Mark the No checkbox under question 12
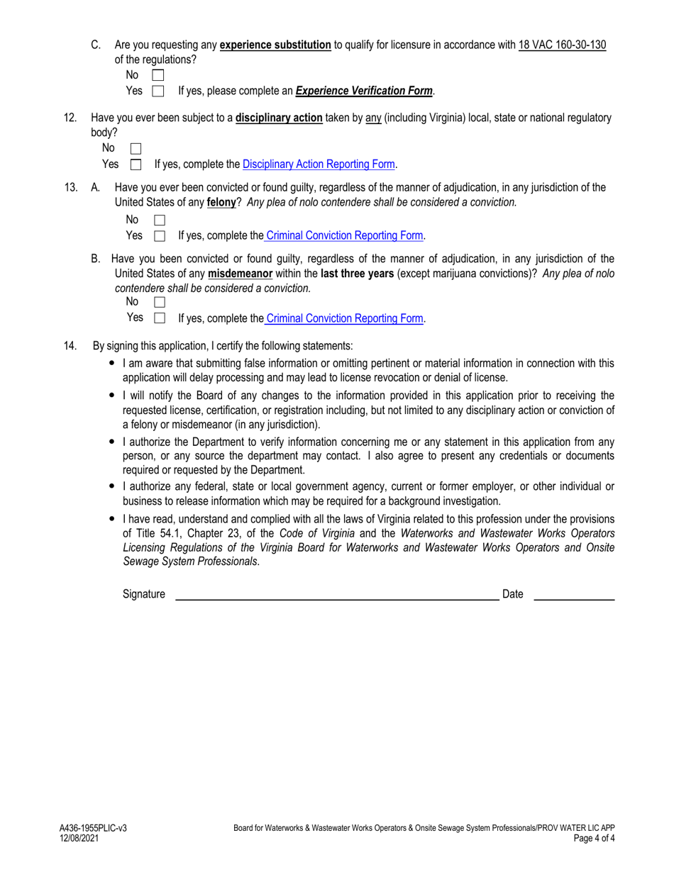pos(136,149)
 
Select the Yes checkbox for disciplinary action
pos(136,165)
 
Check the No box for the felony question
pos(159,220)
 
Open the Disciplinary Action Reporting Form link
pos(319,164)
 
